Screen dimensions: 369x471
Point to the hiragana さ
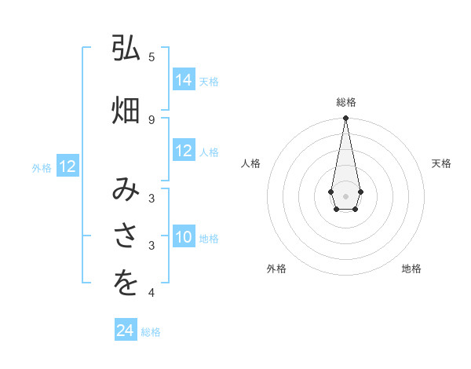(126, 236)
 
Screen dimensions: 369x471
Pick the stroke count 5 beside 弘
(152, 57)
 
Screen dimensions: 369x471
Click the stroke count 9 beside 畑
(152, 119)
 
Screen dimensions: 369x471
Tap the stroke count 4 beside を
(152, 293)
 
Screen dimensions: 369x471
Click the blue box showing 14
(184, 79)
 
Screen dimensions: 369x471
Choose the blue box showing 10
(184, 237)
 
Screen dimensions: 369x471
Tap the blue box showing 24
(126, 331)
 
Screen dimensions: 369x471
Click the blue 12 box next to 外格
(68, 166)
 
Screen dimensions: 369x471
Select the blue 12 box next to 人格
(184, 151)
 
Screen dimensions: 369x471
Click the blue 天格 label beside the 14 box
(209, 81)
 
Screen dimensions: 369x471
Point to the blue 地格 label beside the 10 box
(209, 238)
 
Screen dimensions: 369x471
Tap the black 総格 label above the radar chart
(345, 102)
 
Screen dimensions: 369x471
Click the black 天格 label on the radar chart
(441, 163)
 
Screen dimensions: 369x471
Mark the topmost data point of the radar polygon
(345, 119)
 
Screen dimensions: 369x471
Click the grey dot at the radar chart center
(345, 195)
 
